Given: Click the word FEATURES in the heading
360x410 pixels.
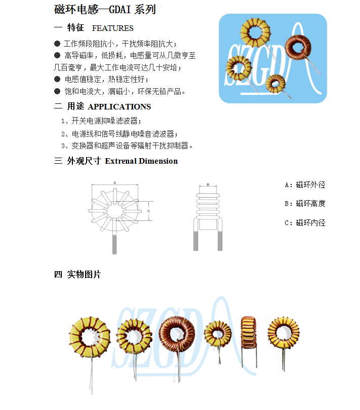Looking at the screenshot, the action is pyautogui.click(x=112, y=28).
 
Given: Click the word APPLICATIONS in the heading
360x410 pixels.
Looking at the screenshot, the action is pyautogui.click(x=119, y=107).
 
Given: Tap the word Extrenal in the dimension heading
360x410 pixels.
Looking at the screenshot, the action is pyautogui.click(x=121, y=161).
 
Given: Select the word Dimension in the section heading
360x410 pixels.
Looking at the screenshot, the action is pyautogui.click(x=158, y=161).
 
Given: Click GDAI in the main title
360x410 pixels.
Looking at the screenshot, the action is pyautogui.click(x=119, y=10).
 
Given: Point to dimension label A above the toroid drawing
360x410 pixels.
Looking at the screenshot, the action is pyautogui.click(x=115, y=183).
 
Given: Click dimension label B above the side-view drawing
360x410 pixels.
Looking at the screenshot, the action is pyautogui.click(x=208, y=184).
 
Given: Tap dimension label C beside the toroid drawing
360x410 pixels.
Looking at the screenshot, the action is pyautogui.click(x=149, y=211).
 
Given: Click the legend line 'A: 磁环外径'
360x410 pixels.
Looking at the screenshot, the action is pyautogui.click(x=305, y=185).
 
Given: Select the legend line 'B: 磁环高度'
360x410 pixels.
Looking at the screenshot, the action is pyautogui.click(x=305, y=203).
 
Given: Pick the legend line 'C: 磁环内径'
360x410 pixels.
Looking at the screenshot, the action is pyautogui.click(x=305, y=223).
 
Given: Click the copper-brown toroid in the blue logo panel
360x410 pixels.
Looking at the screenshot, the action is pyautogui.click(x=298, y=48).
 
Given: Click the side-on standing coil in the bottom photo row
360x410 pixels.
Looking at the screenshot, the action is pyautogui.click(x=249, y=332).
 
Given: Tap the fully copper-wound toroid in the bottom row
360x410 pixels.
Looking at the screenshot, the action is pyautogui.click(x=177, y=334).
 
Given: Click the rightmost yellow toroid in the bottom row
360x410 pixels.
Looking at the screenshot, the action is pyautogui.click(x=284, y=332).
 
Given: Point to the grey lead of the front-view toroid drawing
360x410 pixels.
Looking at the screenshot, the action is pyautogui.click(x=114, y=244).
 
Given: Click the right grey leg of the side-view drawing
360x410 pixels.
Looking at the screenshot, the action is pyautogui.click(x=220, y=241).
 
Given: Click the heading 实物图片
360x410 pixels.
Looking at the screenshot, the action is pyautogui.click(x=84, y=274).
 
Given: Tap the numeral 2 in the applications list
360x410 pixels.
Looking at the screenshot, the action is pyautogui.click(x=63, y=134).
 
